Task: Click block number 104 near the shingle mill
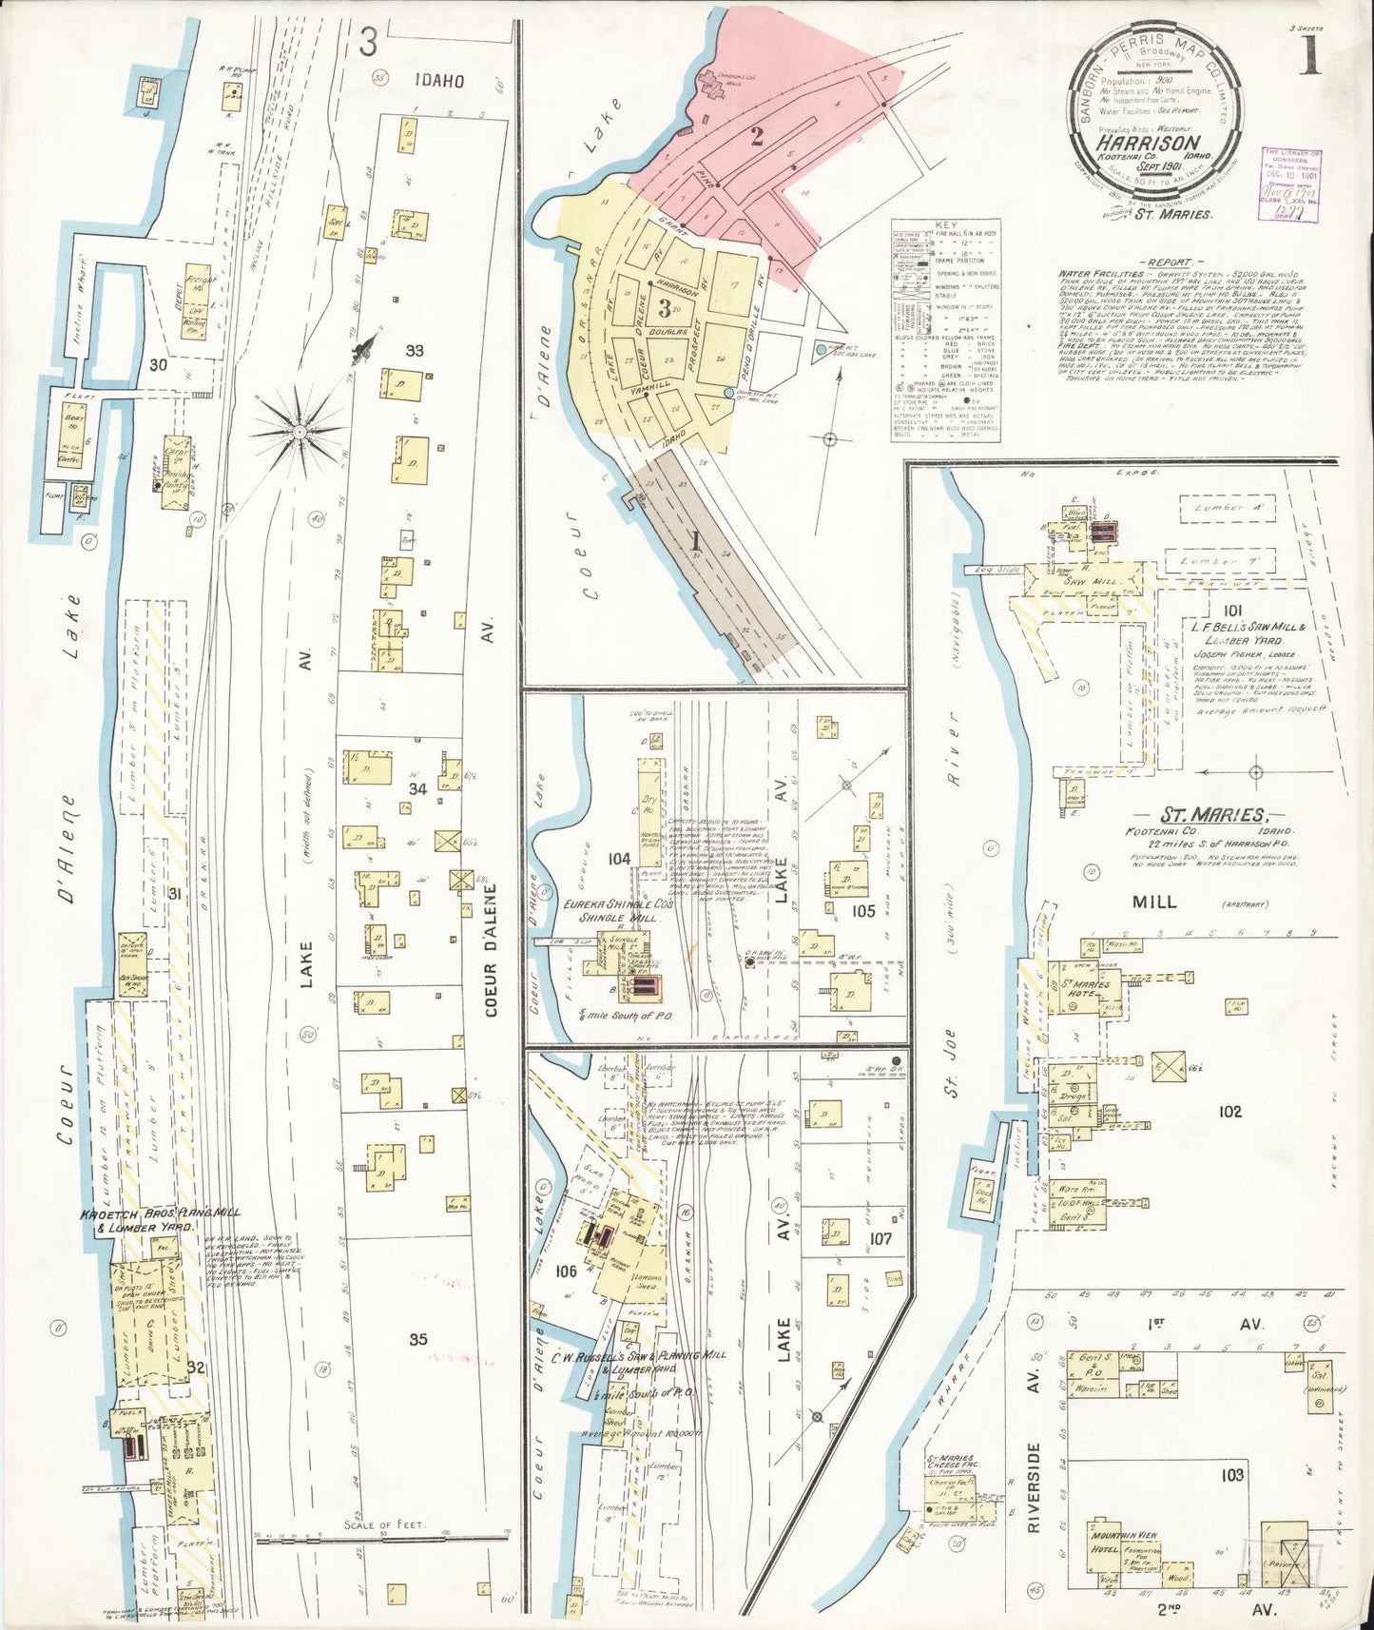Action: click(x=619, y=858)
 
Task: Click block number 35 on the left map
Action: click(x=417, y=1339)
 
